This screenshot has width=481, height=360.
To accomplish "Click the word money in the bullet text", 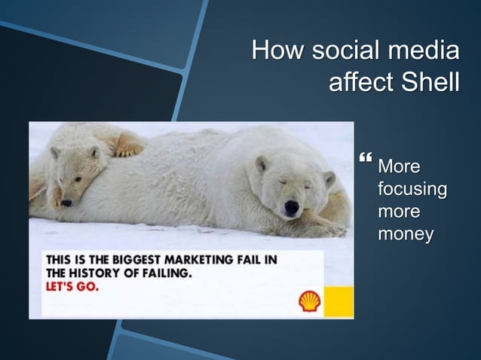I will pos(405,234).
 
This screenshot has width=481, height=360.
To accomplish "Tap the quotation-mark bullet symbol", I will pos(367,160).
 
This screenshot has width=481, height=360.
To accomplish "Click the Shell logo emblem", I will pos(310,301).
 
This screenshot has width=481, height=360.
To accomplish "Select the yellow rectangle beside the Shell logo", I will pos(339,301).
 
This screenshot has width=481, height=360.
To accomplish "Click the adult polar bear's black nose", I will pos(291,206).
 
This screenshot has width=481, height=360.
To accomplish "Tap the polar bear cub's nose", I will pos(66,202).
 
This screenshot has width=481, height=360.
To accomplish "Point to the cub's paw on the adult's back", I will pos(129,150).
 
